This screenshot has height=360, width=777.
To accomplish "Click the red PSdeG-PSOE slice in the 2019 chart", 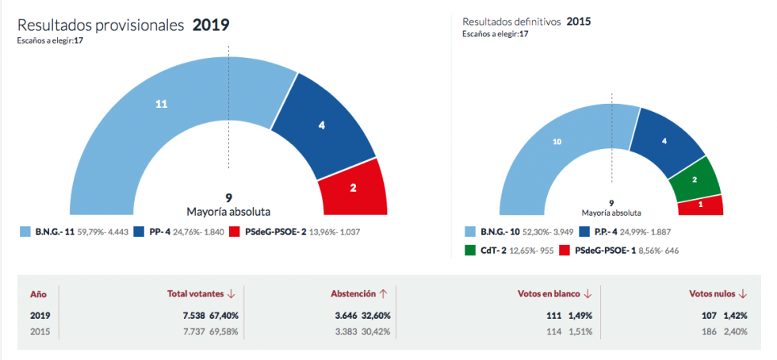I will click(352, 188).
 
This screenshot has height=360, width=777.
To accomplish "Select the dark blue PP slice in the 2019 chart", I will click(321, 125).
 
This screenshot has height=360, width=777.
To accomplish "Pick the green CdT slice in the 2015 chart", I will click(694, 179).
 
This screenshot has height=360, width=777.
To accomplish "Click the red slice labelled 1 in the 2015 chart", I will click(701, 205).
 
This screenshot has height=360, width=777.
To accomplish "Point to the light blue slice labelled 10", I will click(557, 143).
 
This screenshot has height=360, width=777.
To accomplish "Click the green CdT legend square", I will click(469, 251).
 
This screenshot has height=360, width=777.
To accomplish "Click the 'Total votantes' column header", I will click(197, 293).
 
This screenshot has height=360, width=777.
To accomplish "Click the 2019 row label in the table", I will click(40, 315).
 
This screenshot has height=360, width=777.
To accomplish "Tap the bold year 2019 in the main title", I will click(211, 25).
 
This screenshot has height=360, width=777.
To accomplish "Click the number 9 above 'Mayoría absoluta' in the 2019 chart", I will click(228, 198).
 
